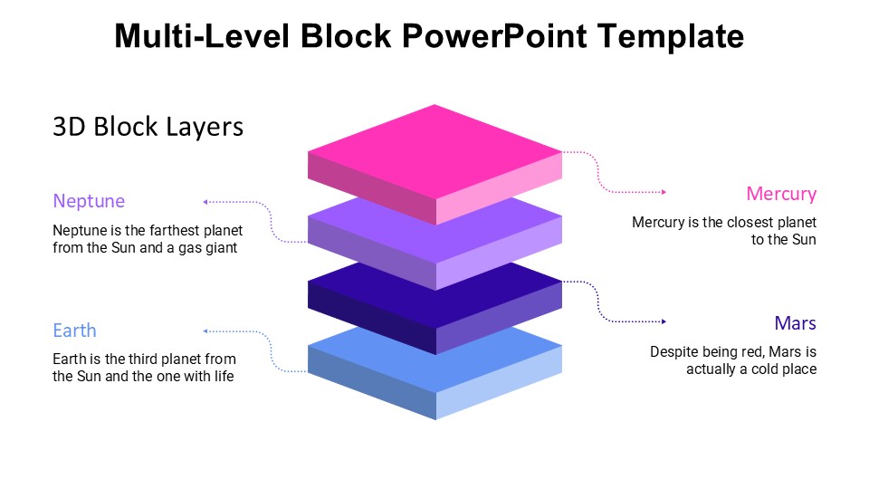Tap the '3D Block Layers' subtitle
(x=148, y=127)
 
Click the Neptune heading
(x=89, y=201)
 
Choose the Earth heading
(x=74, y=331)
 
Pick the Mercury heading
(x=781, y=194)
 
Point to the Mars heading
(x=795, y=323)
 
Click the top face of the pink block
(x=435, y=149)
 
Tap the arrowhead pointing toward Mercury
(x=664, y=192)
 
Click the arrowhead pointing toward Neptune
(x=205, y=201)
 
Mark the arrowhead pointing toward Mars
(x=664, y=321)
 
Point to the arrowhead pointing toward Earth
(x=205, y=331)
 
